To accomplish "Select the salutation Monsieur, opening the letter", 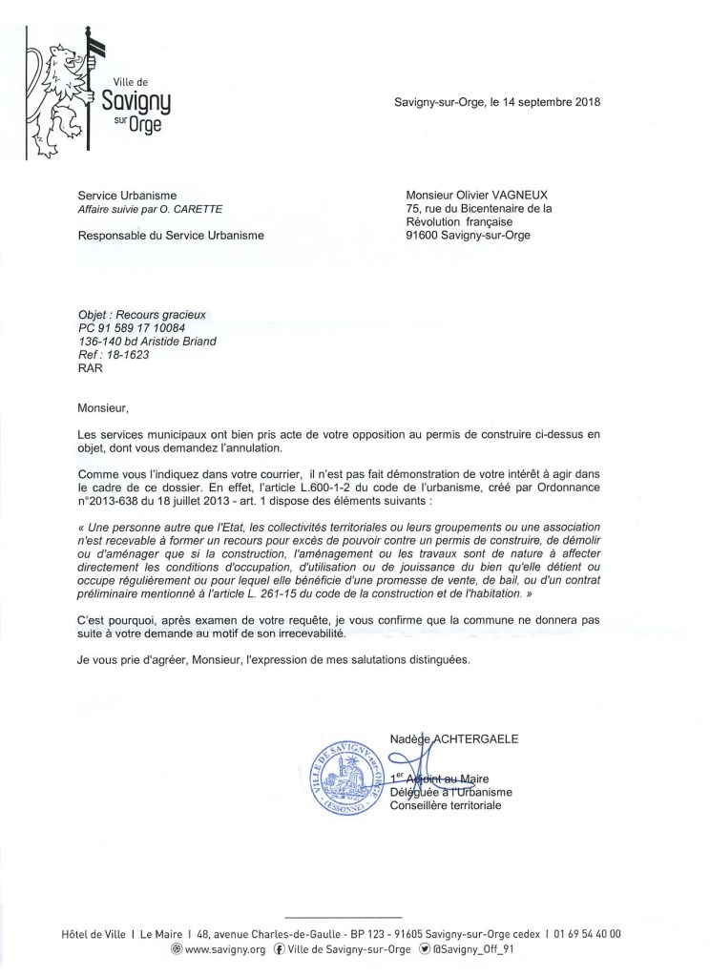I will click(102, 408).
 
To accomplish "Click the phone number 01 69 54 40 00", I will click(589, 933).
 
